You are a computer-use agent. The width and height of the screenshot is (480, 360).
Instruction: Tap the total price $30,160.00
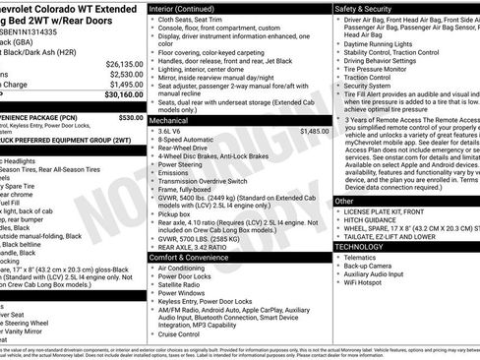click(123, 96)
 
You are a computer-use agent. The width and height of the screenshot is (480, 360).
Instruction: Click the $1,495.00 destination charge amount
click(125, 85)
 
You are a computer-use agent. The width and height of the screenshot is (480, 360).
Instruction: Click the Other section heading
click(344, 201)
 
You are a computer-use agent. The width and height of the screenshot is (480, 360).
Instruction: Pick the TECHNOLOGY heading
click(363, 247)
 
